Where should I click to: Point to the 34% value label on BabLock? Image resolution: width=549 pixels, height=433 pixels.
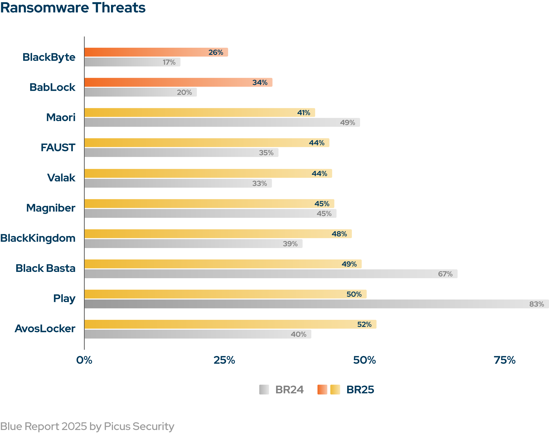(x=260, y=82)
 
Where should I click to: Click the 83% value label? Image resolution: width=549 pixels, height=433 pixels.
(x=536, y=304)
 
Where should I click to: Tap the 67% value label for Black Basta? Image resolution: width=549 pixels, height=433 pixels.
(x=445, y=274)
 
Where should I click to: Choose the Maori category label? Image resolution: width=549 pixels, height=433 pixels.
(x=61, y=117)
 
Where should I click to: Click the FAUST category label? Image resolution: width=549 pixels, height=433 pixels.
(x=58, y=148)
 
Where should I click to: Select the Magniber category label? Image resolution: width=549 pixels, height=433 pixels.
(x=51, y=208)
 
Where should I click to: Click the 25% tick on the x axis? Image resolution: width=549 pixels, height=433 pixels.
(x=224, y=360)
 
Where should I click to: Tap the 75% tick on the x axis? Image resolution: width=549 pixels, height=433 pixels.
(x=504, y=360)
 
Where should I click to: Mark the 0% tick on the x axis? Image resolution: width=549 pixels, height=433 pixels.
(x=84, y=360)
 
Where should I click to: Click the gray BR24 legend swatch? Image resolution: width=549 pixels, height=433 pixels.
(x=264, y=390)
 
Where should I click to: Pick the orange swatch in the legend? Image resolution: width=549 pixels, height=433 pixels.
(x=322, y=390)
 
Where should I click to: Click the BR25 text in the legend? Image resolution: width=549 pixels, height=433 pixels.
(x=360, y=390)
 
